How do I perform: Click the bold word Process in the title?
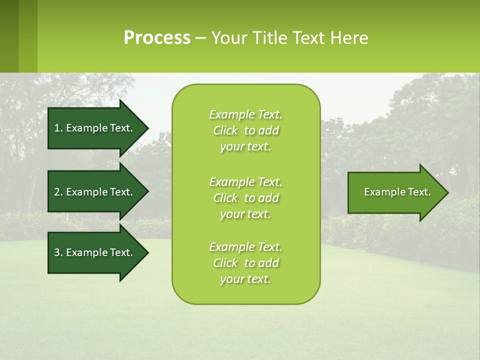[157, 38]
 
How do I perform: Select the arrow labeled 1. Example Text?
[93, 128]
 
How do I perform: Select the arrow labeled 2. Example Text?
[93, 192]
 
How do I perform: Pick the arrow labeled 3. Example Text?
[93, 252]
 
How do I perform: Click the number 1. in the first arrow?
[58, 128]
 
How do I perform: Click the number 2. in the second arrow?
[58, 192]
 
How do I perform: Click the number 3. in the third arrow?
[58, 252]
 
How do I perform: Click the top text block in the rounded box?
[246, 130]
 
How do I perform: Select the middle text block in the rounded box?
[246, 198]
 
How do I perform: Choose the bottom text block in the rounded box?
[246, 263]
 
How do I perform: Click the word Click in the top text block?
[225, 130]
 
